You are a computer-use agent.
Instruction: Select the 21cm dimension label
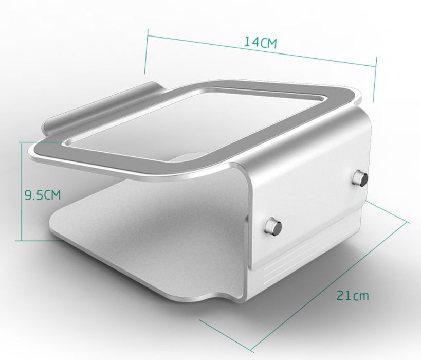(353, 295)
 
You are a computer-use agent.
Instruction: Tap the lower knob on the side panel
(273, 226)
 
